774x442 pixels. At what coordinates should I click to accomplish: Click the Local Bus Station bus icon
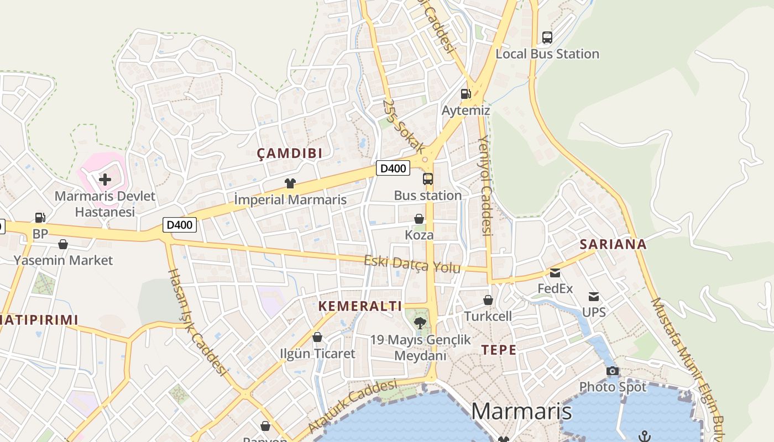[547, 38]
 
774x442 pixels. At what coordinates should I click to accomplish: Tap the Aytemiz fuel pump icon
[466, 94]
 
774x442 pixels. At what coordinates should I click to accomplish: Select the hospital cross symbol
[105, 179]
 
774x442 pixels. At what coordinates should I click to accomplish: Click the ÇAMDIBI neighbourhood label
[290, 154]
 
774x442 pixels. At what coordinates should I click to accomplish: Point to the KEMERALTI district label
[360, 306]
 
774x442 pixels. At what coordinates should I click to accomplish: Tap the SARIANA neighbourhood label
[613, 244]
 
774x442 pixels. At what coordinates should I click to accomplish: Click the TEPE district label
[499, 350]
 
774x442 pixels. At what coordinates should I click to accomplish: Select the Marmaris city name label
[521, 411]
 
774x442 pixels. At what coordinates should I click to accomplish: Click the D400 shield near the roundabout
[393, 169]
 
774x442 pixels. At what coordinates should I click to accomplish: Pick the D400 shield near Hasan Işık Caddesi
[180, 225]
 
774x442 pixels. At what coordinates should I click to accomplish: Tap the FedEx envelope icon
[555, 272]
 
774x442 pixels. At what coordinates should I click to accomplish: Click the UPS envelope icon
[594, 297]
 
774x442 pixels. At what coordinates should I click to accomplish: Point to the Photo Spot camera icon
[612, 371]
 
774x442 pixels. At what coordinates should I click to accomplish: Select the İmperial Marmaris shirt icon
[290, 183]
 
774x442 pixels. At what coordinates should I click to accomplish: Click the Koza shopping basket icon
[419, 219]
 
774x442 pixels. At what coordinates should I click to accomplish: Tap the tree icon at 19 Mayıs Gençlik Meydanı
[421, 323]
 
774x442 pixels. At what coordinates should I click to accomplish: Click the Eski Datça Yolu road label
[412, 264]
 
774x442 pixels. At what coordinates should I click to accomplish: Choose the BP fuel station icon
[40, 218]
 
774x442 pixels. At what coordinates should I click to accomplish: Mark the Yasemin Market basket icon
[63, 244]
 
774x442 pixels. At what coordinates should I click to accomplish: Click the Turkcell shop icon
[488, 300]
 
